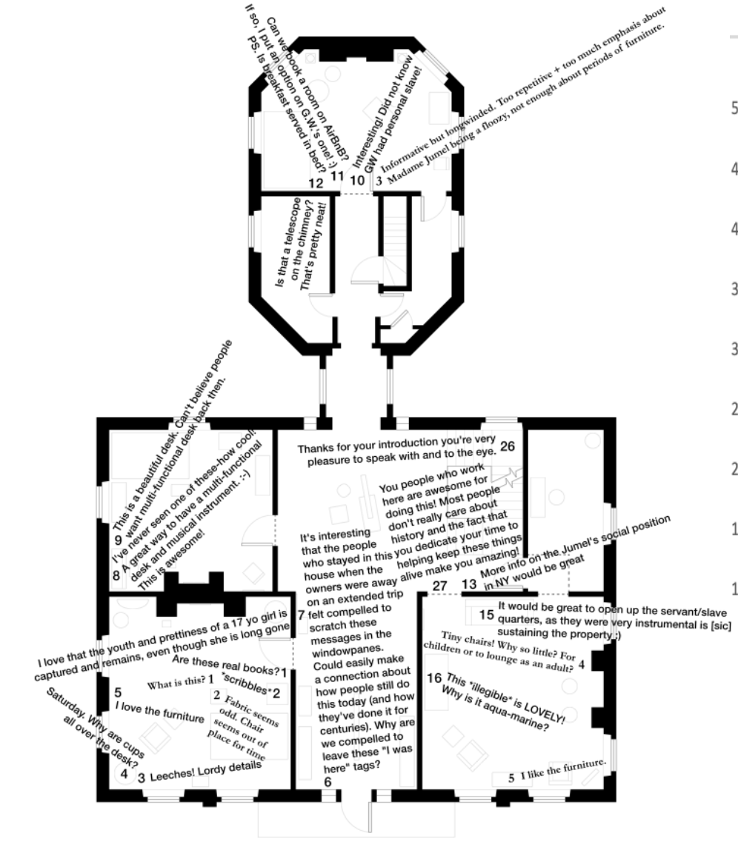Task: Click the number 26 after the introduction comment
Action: click(507, 446)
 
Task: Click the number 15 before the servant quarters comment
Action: click(486, 614)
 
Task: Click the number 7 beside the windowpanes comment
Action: click(301, 614)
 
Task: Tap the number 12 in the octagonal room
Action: click(316, 182)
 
